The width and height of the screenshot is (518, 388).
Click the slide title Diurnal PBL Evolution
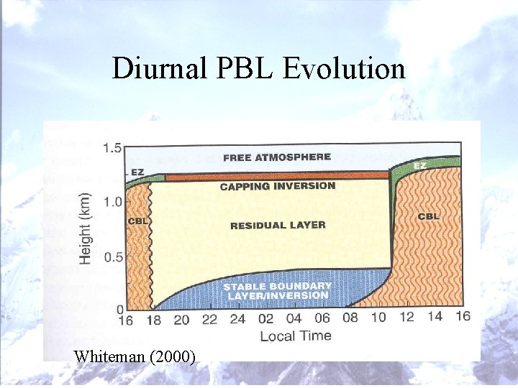[258, 69]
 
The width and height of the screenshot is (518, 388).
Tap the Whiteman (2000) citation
[135, 356]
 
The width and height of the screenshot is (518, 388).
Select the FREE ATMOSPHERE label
[277, 157]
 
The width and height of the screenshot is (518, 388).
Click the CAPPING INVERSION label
[277, 186]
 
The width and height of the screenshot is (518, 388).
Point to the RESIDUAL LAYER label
[278, 225]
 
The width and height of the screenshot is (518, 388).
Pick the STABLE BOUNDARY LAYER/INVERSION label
[278, 290]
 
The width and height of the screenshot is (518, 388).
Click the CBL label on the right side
[429, 216]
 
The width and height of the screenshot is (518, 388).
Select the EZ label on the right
[422, 166]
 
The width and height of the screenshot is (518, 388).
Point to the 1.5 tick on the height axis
[112, 149]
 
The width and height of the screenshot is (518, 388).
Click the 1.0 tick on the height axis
[112, 202]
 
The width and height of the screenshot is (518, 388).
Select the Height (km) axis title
[86, 228]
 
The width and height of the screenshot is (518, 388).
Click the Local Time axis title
[295, 336]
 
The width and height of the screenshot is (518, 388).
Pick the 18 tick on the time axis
[153, 319]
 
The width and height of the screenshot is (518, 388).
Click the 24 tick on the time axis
[237, 319]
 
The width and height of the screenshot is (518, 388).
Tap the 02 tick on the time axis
[265, 319]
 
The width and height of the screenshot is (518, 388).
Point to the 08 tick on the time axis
[350, 319]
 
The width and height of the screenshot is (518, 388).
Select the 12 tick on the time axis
[406, 319]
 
